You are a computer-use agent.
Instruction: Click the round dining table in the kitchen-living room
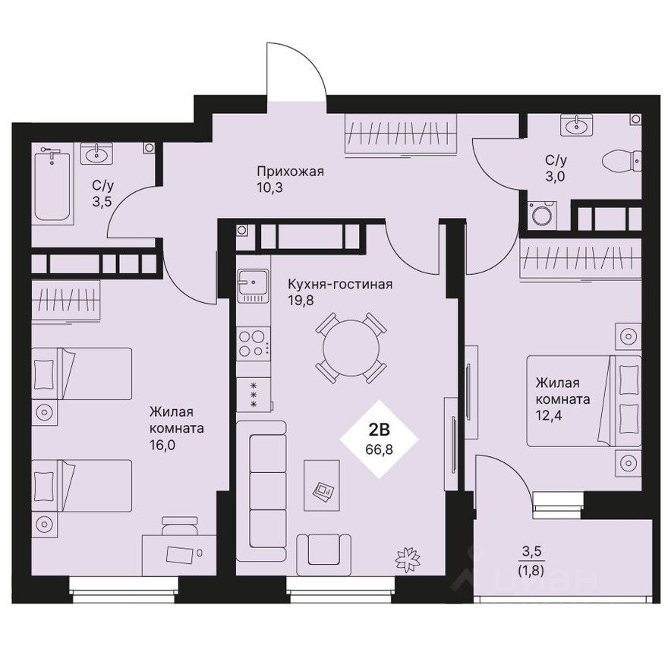(351, 348)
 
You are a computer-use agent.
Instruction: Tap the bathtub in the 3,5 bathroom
(52, 185)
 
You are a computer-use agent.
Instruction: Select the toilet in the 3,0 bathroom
(622, 160)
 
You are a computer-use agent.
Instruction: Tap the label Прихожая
(291, 171)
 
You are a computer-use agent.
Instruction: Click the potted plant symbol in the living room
(408, 559)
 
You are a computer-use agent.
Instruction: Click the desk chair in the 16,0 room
(180, 524)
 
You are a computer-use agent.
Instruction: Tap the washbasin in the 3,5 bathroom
(98, 155)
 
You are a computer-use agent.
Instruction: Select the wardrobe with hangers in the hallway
(401, 134)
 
